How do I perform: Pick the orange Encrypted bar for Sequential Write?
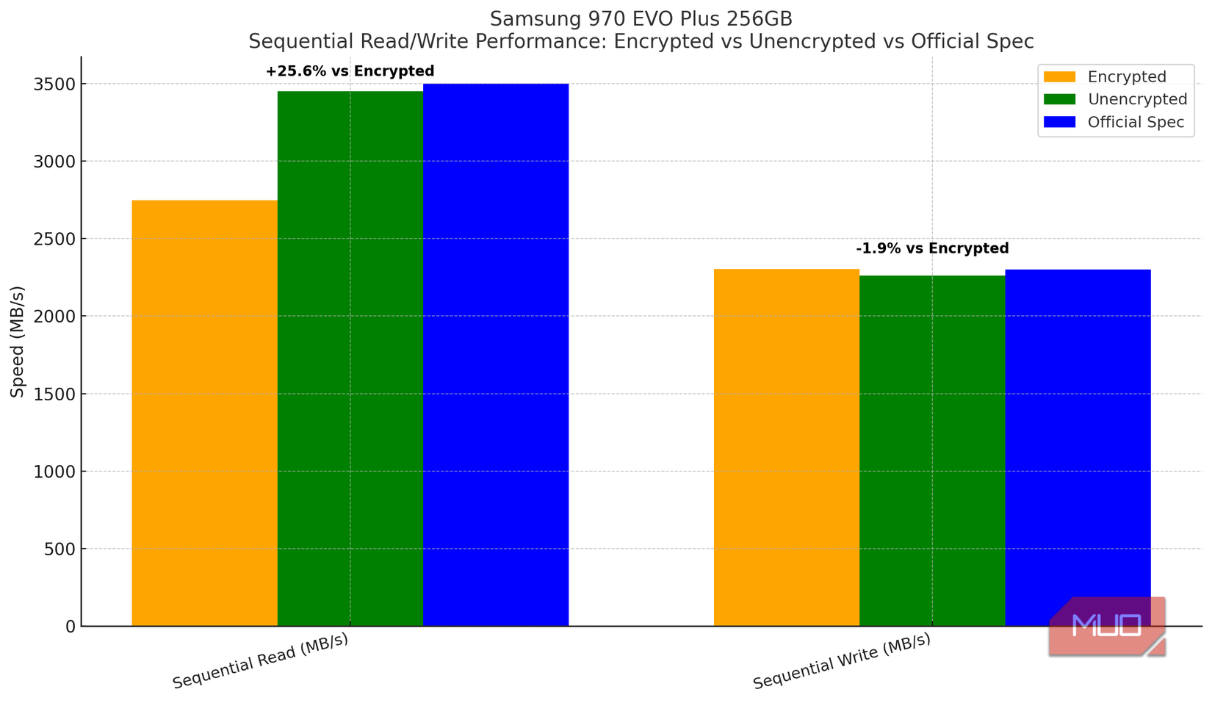786,447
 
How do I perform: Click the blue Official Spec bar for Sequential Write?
1078,441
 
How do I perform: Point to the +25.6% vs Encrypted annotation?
350,71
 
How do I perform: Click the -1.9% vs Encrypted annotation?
932,248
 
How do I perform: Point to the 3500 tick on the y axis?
54,84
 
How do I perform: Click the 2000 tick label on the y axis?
54,317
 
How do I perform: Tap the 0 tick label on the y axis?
70,627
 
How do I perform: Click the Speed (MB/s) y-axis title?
18,341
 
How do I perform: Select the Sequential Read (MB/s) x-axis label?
260,660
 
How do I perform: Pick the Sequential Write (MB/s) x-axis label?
842,660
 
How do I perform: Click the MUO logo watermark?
1107,626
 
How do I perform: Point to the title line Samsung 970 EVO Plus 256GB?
641,19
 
